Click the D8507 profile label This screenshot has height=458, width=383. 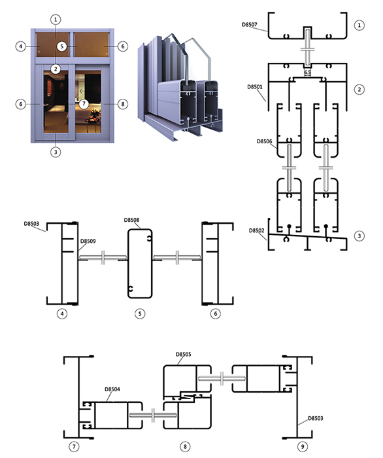pos(250,25)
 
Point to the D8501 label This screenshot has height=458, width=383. pos(255,87)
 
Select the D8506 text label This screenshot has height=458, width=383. pos(264,141)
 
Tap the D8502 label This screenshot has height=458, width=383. pos(256,230)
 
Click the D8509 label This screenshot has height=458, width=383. pos(88,241)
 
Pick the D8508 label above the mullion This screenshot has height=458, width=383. pos(131,220)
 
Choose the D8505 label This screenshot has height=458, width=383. pos(184,355)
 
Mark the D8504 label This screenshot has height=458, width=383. pos(112,389)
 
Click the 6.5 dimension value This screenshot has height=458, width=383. pos(307,72)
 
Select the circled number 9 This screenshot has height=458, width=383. pos(303,446)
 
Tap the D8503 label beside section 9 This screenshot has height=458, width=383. pos(316,418)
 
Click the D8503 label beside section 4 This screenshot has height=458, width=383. pos(31,224)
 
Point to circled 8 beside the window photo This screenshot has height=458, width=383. pos(123,104)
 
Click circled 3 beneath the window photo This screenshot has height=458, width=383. pos(56,152)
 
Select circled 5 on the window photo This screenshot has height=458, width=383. pos(61,46)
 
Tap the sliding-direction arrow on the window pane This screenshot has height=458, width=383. pos(82,91)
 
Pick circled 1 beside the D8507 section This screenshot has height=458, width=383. pos(359,25)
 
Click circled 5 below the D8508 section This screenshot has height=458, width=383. pos(140,313)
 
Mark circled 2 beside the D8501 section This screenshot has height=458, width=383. pos(359,90)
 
